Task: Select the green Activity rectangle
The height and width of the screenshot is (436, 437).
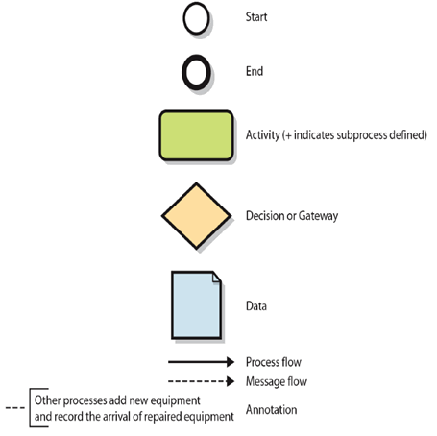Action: click(x=196, y=135)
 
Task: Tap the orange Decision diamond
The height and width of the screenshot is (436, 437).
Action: click(x=196, y=216)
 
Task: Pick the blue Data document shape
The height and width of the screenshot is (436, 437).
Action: click(x=196, y=304)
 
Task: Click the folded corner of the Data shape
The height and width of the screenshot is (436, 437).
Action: click(x=216, y=277)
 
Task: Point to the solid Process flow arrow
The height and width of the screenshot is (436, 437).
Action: click(x=201, y=362)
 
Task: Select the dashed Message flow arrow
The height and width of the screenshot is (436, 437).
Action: click(x=201, y=381)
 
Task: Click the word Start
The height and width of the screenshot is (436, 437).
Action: click(x=256, y=17)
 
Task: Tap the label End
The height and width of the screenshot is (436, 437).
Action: click(x=255, y=71)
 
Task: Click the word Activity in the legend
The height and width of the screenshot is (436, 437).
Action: click(x=263, y=135)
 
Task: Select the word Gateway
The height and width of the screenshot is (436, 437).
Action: click(x=318, y=216)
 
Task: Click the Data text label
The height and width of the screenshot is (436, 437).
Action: click(x=256, y=306)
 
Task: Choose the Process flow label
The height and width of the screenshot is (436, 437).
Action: click(x=274, y=362)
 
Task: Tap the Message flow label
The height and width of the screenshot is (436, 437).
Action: click(x=277, y=381)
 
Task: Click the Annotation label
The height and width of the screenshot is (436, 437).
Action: click(x=271, y=410)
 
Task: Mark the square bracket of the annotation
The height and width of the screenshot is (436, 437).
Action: click(x=31, y=408)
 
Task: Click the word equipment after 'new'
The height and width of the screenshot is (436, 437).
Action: click(x=175, y=400)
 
